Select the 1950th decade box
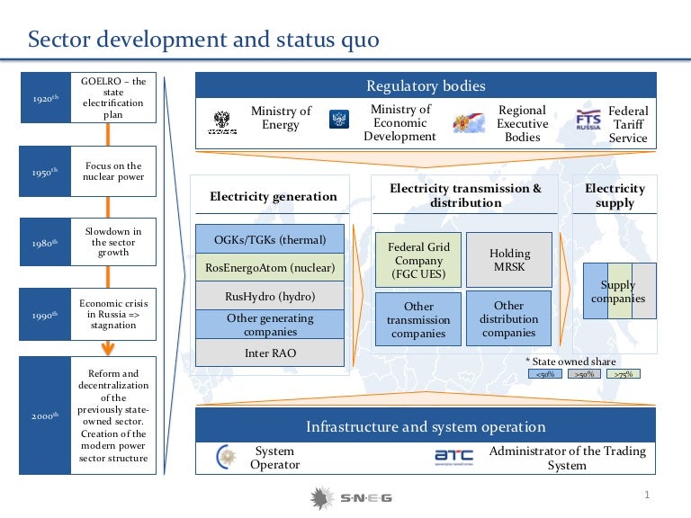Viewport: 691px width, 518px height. click(43, 171)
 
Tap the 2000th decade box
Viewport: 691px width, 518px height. click(43, 415)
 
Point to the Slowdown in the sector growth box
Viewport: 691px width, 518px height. click(114, 242)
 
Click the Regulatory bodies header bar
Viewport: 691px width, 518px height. click(426, 86)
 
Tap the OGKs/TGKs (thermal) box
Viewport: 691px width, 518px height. click(271, 240)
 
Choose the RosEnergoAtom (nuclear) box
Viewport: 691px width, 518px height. click(271, 267)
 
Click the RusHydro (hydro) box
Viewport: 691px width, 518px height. click(271, 295)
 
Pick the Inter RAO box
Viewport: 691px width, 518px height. click(271, 353)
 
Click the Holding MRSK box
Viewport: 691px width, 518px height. click(509, 261)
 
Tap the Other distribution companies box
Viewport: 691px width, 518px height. click(509, 319)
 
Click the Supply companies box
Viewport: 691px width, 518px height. click(619, 291)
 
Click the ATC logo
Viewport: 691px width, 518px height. click(453, 458)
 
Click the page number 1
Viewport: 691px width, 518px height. click(647, 496)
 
